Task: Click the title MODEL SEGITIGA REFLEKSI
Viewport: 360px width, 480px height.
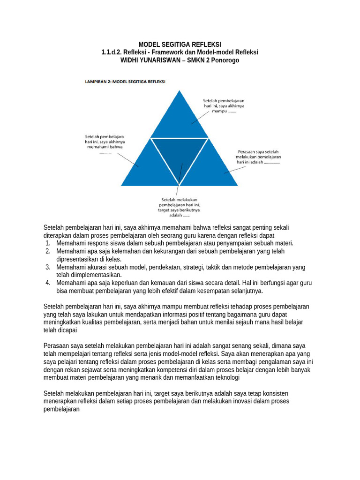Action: pos(180,44)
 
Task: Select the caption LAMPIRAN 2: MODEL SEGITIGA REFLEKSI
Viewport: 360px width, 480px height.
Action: pos(128,81)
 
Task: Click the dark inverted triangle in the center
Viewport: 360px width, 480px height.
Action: pos(179,157)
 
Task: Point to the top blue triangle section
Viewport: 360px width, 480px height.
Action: pos(179,117)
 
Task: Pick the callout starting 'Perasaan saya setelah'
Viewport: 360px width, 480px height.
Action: pos(259,157)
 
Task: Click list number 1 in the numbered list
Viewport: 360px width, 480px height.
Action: pos(48,243)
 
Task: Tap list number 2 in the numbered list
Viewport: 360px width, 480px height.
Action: pos(48,251)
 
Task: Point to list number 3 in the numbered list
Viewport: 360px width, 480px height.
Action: pos(48,267)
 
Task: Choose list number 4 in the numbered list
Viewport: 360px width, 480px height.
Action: pos(48,283)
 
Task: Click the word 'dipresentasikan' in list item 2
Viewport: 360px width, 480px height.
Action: pos(78,259)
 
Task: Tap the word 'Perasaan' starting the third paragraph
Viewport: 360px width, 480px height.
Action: pos(56,345)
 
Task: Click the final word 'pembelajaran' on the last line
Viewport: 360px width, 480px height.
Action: pos(62,409)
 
